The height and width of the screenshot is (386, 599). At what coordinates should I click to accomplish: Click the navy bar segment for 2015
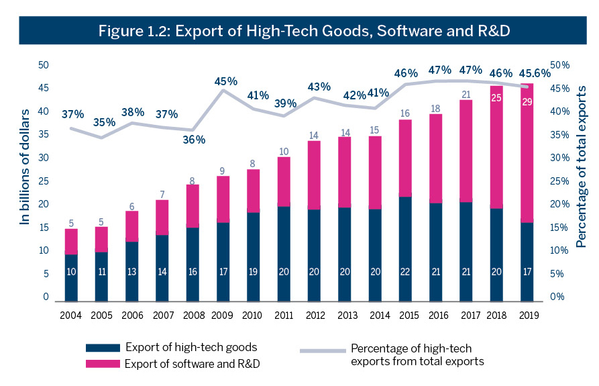pyautogui.click(x=405, y=248)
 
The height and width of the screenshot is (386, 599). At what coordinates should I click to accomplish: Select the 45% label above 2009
pyautogui.click(x=225, y=81)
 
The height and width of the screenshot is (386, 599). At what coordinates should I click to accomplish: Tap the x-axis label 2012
pyautogui.click(x=314, y=315)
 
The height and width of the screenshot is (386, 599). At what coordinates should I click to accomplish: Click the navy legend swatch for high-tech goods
pyautogui.click(x=102, y=348)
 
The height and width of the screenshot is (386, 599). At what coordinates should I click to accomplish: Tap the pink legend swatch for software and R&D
pyautogui.click(x=102, y=363)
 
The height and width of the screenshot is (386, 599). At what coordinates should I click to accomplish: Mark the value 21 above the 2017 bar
pyautogui.click(x=466, y=94)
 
